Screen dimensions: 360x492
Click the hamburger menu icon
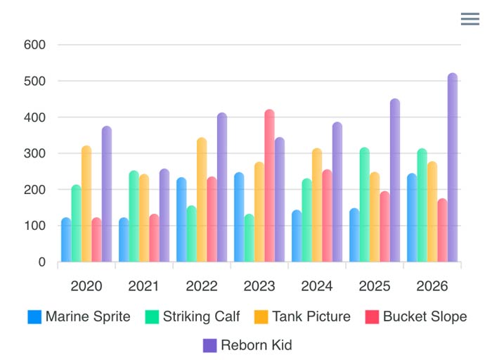click(470, 19)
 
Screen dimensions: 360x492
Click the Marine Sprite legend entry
click(79, 316)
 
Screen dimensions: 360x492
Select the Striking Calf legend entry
click(193, 316)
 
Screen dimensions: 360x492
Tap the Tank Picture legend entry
click(302, 316)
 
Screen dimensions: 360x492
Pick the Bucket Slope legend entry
click(415, 316)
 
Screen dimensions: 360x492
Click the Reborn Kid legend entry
click(247, 345)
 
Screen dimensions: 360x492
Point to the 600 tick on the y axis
click(34, 45)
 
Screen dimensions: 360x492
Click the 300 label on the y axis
click(34, 153)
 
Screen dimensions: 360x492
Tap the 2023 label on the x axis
click(259, 286)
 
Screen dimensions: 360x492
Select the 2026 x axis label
click(432, 286)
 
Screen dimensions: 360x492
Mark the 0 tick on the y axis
click(41, 262)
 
